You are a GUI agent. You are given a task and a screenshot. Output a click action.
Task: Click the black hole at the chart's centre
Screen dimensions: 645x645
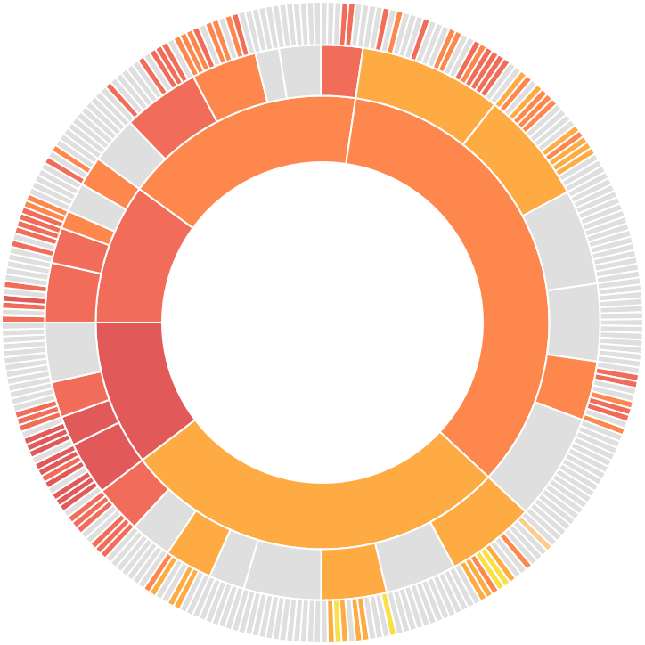tap(322, 322)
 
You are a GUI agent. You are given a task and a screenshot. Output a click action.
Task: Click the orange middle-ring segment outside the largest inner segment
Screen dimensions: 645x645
tap(567, 387)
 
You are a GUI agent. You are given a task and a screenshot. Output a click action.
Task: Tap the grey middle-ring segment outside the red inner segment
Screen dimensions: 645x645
tap(73, 350)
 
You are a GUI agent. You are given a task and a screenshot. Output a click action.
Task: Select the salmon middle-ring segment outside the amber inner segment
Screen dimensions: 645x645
tap(139, 493)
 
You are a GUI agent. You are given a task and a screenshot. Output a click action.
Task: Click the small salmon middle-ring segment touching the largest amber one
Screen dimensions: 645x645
tap(340, 71)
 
